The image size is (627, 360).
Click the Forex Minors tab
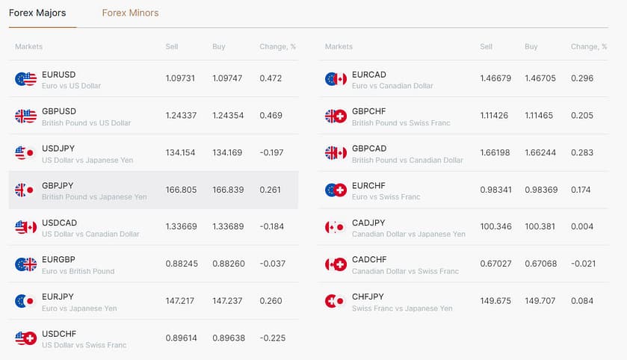(130, 13)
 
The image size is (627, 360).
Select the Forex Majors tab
(37, 13)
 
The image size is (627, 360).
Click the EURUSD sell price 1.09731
(180, 78)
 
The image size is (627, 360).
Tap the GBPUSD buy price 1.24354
(227, 115)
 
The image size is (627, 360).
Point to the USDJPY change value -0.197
(273, 152)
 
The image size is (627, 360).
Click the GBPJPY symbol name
(58, 185)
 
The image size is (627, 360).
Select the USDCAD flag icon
(25, 227)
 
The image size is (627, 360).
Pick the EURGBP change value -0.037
(273, 264)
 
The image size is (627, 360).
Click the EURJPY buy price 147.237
(227, 300)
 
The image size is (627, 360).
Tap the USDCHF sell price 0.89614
(180, 338)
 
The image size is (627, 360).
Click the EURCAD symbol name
(369, 75)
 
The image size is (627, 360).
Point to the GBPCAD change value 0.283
(583, 152)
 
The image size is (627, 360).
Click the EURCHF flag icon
(336, 190)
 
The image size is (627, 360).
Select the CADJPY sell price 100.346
(495, 226)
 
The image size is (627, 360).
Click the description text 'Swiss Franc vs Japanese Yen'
(402, 308)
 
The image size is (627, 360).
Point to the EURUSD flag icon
(25, 78)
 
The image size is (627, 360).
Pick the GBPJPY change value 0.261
(271, 190)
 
